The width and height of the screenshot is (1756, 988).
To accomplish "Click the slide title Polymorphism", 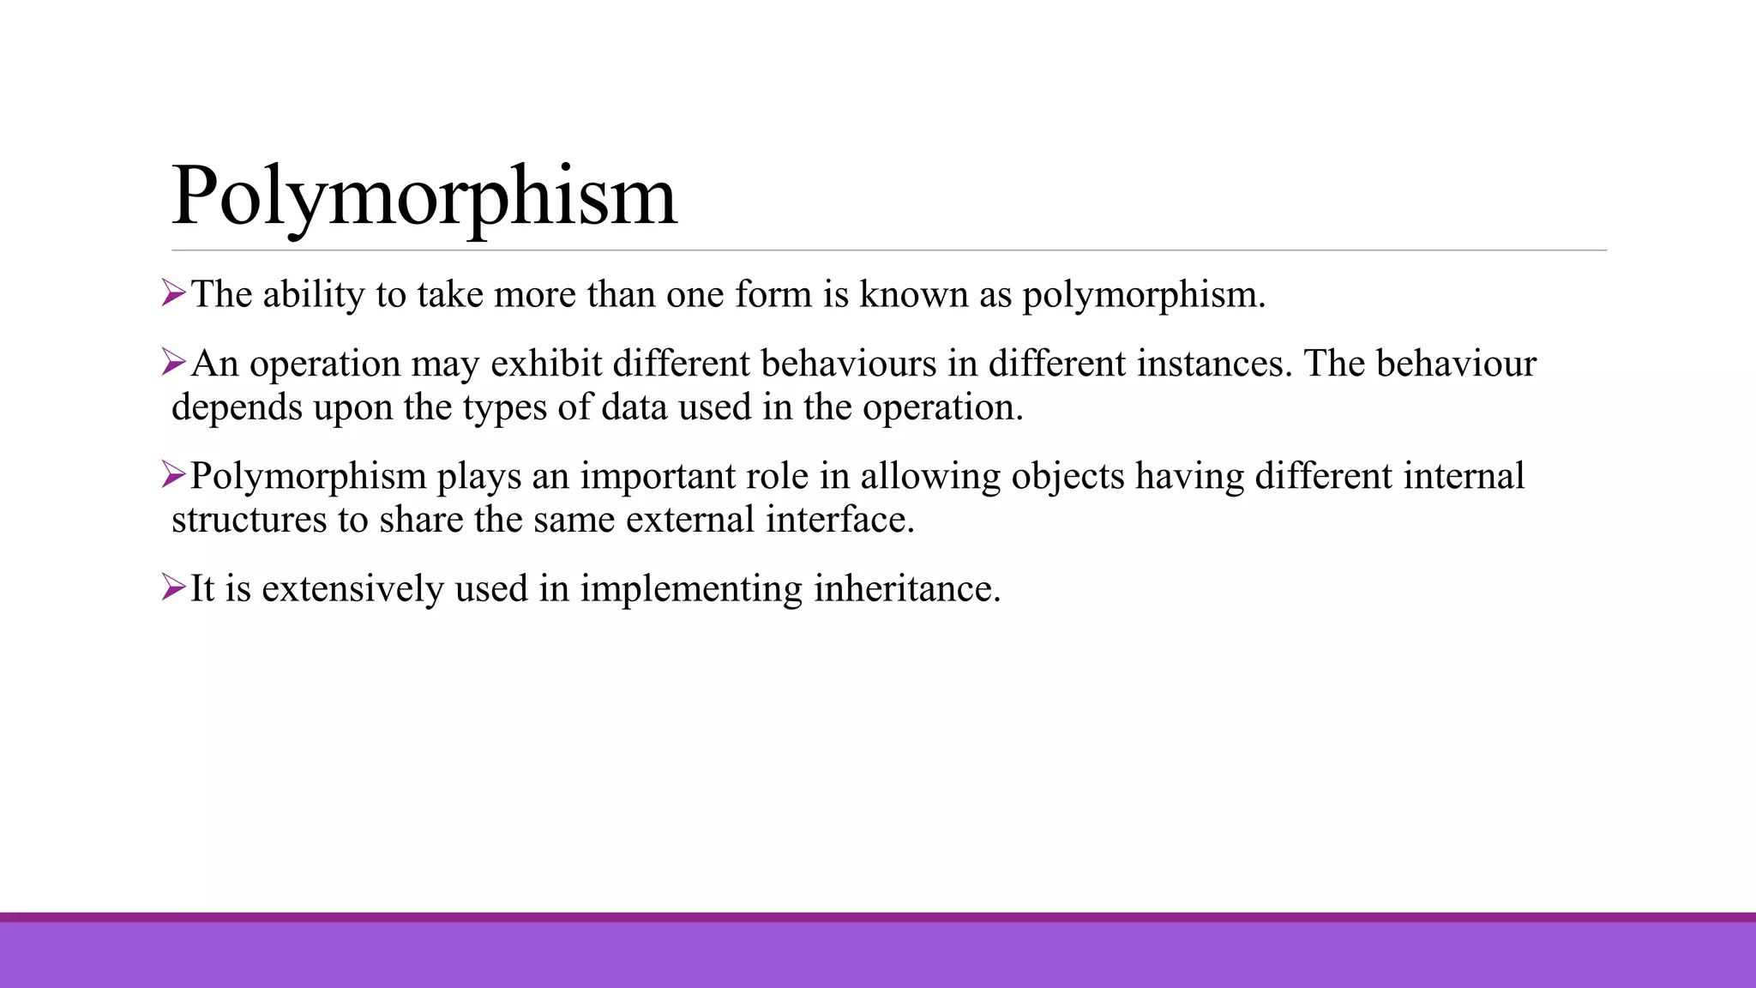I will tap(424, 197).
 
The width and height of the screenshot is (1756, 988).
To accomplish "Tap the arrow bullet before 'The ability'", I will tap(173, 294).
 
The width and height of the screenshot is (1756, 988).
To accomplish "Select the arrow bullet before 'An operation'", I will tap(173, 364).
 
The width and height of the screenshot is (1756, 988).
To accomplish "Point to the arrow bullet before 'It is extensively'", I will tap(173, 588).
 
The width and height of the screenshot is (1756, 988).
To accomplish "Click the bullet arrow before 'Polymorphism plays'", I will tap(173, 476).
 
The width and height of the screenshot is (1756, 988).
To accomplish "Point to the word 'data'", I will tap(634, 407).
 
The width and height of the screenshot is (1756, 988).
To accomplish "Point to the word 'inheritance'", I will tap(906, 589).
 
